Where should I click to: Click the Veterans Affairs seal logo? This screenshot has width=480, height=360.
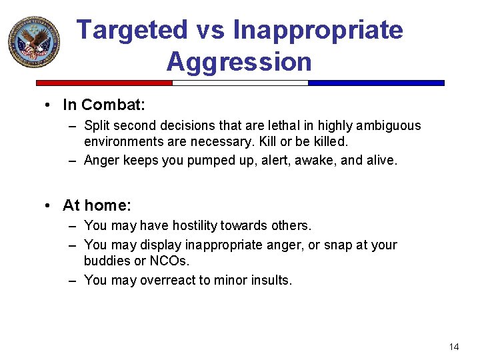[x=33, y=42]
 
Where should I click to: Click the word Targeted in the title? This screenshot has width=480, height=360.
[x=133, y=31]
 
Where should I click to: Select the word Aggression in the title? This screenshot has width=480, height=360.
[x=239, y=62]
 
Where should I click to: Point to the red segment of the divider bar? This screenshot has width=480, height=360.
[x=104, y=83]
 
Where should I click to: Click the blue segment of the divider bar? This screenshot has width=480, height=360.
[x=376, y=83]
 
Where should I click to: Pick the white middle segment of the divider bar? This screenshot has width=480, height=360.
[x=240, y=83]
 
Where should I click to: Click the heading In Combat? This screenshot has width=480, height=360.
[x=103, y=105]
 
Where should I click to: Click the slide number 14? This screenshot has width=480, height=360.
[x=454, y=347]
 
